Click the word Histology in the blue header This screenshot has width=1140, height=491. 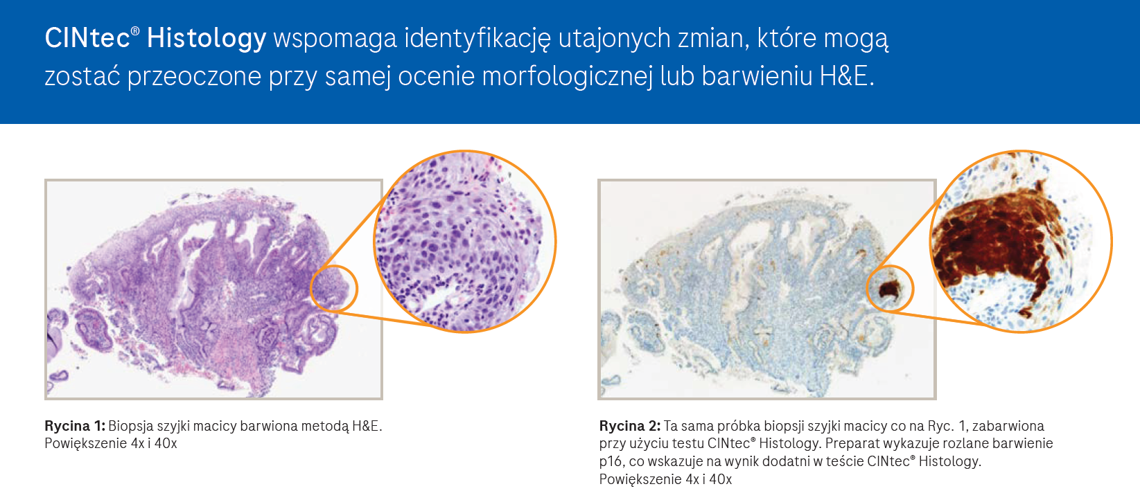click(x=206, y=39)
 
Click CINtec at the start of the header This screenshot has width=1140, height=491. click(x=87, y=38)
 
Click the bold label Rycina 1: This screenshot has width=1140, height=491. click(x=75, y=426)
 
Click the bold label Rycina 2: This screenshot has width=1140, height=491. click(x=629, y=426)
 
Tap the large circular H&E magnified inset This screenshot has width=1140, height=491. click(x=464, y=241)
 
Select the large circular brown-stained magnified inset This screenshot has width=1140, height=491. click(x=1021, y=241)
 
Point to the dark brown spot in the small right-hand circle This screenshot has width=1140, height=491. click(x=890, y=290)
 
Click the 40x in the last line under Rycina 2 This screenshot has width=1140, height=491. click(x=721, y=479)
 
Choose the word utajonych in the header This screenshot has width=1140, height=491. click(x=614, y=39)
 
